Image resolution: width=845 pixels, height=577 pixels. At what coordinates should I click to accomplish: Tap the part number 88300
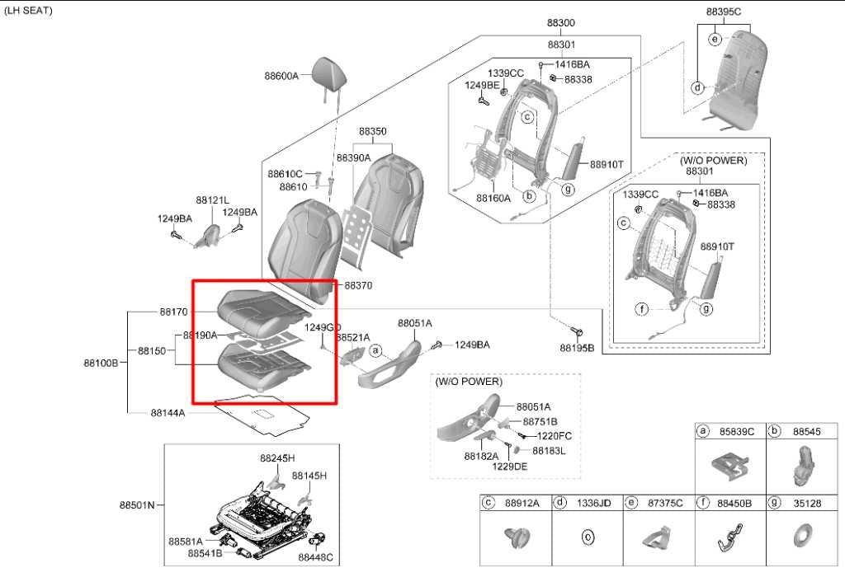pyautogui.click(x=561, y=23)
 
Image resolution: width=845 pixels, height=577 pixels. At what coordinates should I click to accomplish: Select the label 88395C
pyautogui.click(x=723, y=12)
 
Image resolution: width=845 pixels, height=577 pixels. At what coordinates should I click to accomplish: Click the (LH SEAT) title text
pyautogui.click(x=28, y=10)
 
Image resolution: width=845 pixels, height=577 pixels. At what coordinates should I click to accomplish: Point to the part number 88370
pyautogui.click(x=358, y=286)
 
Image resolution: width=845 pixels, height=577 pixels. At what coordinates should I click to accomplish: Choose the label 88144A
pyautogui.click(x=168, y=413)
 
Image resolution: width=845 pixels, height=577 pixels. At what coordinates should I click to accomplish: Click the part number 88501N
pyautogui.click(x=137, y=504)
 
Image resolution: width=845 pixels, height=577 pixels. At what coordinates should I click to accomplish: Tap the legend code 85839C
pyautogui.click(x=737, y=432)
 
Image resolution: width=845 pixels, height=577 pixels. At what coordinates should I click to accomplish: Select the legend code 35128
pyautogui.click(x=807, y=504)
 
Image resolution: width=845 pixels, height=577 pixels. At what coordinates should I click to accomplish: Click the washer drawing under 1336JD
pyautogui.click(x=588, y=537)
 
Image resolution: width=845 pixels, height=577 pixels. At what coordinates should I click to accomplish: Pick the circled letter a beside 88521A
pyautogui.click(x=375, y=351)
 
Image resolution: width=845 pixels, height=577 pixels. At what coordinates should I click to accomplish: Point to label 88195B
pyautogui.click(x=577, y=348)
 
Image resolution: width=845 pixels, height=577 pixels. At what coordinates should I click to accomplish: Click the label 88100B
pyautogui.click(x=101, y=363)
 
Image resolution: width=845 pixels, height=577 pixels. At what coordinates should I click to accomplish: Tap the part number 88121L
pyautogui.click(x=212, y=200)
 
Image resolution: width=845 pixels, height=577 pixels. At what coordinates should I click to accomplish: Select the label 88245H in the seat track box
pyautogui.click(x=277, y=458)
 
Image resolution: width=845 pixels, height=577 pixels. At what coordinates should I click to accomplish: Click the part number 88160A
pyautogui.click(x=493, y=198)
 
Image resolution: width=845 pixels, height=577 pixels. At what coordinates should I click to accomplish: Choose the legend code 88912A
pyautogui.click(x=522, y=504)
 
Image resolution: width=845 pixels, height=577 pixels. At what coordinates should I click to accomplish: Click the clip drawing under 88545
pyautogui.click(x=803, y=466)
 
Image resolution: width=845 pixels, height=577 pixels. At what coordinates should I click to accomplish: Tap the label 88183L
pyautogui.click(x=549, y=451)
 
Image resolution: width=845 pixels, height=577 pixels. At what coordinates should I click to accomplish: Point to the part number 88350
pyautogui.click(x=372, y=131)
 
